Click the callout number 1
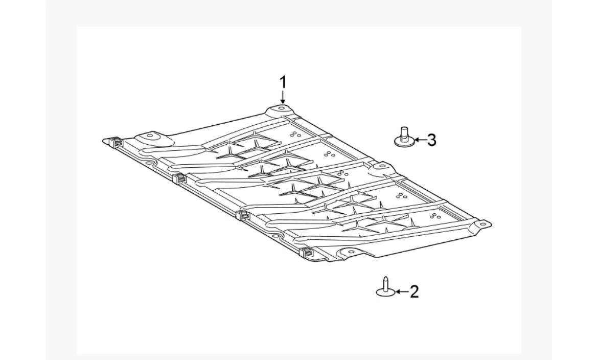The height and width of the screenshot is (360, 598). pyautogui.click(x=283, y=82)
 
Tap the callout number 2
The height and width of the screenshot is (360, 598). pyautogui.click(x=414, y=291)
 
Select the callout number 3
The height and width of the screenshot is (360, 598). pyautogui.click(x=431, y=140)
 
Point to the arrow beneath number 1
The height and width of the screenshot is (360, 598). pyautogui.click(x=283, y=97)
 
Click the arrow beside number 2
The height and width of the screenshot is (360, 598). pyautogui.click(x=402, y=292)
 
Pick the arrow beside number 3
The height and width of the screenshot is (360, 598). pyautogui.click(x=420, y=140)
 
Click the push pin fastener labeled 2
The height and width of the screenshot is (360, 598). pyautogui.click(x=385, y=286)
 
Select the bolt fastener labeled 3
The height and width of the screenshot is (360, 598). pyautogui.click(x=404, y=137)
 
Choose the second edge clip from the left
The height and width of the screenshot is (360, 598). pyautogui.click(x=178, y=178)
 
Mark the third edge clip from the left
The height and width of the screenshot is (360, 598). pyautogui.click(x=242, y=215)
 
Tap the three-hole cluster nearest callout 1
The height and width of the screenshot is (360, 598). pyautogui.click(x=295, y=134)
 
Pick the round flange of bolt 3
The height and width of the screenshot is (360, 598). pyautogui.click(x=404, y=142)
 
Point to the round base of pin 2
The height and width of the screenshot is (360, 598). pyautogui.click(x=385, y=292)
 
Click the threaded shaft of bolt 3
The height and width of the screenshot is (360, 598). pyautogui.click(x=404, y=132)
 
